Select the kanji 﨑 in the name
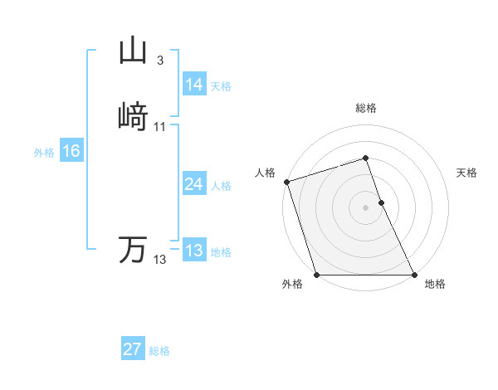point(134,116)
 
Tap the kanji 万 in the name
point(134,249)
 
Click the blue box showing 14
point(193,85)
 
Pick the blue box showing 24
point(193,185)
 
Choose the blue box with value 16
point(71,151)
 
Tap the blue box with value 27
point(132,349)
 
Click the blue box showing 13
point(193,251)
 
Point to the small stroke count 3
point(159,61)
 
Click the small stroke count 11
point(160,127)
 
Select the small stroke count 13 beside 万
point(159,260)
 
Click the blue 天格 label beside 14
point(221,86)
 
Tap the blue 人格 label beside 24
point(221,186)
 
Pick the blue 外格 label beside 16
point(44,153)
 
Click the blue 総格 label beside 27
point(159,351)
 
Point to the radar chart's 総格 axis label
point(366,109)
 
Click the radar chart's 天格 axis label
point(466,173)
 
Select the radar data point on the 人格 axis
point(286,182)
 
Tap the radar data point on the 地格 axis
point(414,275)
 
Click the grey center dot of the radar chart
point(366,207)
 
